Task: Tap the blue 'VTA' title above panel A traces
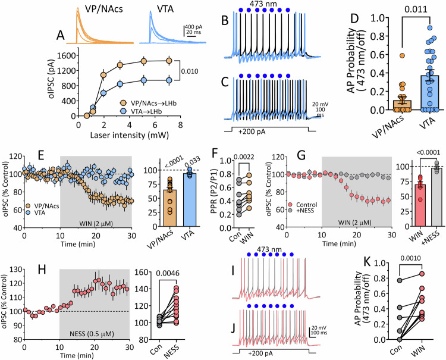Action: coord(170,8)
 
